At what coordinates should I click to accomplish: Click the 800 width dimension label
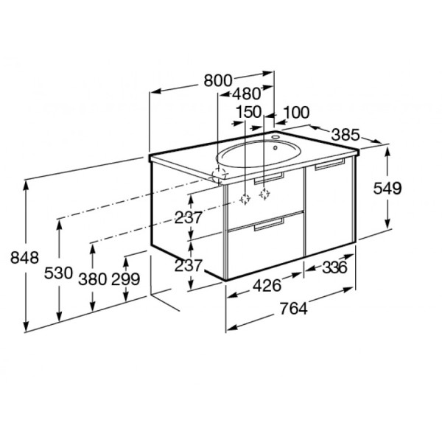218,80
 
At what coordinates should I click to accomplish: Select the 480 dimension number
247,94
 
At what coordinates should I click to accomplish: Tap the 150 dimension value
249,112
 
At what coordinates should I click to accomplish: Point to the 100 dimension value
296,113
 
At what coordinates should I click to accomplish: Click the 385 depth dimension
345,135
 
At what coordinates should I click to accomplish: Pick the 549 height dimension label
387,189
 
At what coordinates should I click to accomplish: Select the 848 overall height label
24,258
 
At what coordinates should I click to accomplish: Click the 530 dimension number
59,273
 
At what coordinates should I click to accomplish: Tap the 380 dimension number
93,279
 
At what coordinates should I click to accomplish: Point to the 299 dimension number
126,279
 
